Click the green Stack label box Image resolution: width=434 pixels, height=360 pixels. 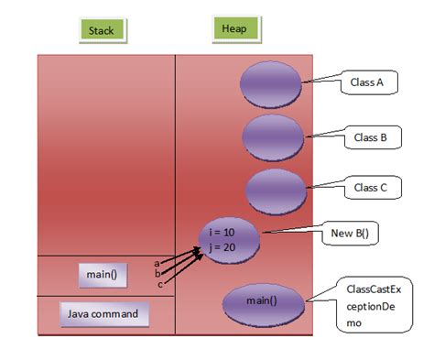(x=103, y=30)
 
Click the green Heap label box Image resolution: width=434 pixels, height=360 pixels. (x=236, y=29)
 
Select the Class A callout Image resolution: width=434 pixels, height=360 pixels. (x=369, y=82)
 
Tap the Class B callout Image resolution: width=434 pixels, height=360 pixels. (x=373, y=137)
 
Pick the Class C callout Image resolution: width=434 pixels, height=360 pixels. (x=373, y=188)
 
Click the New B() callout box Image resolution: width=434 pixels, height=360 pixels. (x=350, y=234)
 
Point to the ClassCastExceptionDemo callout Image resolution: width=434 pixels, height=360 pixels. (x=374, y=305)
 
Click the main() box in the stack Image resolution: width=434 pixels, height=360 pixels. (x=103, y=275)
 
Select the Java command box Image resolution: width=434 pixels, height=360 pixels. (x=104, y=314)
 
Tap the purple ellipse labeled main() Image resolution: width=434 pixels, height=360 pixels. (x=263, y=305)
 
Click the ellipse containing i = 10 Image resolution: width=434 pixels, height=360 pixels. (x=229, y=240)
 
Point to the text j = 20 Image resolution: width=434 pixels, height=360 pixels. (x=222, y=247)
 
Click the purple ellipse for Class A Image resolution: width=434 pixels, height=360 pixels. (x=271, y=84)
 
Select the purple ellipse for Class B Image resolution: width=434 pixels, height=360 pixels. (x=273, y=137)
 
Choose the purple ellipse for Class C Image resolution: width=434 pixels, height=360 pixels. (x=276, y=191)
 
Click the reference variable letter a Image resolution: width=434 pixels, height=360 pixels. (x=157, y=263)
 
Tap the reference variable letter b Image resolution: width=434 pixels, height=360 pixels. (x=157, y=273)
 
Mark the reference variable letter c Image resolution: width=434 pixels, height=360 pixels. (x=160, y=285)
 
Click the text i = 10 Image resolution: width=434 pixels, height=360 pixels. (x=222, y=233)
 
